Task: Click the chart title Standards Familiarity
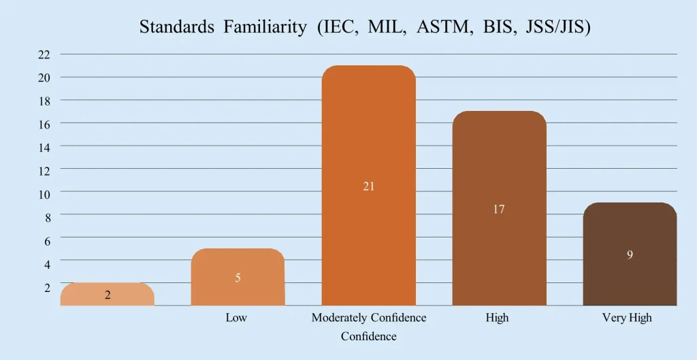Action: (x=364, y=28)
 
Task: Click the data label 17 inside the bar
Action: (x=499, y=210)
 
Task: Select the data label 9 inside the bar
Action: (x=630, y=255)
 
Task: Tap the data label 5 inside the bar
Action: (x=238, y=278)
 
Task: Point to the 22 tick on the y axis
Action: (x=44, y=54)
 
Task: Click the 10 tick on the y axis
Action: (x=44, y=194)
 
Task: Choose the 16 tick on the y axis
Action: (x=44, y=125)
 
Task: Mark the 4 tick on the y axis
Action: (x=46, y=263)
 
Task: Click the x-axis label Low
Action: (x=236, y=318)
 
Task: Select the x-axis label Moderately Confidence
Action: (x=368, y=318)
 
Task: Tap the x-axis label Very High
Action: (x=627, y=318)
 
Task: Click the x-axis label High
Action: (x=498, y=318)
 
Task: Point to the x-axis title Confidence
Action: (x=368, y=336)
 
